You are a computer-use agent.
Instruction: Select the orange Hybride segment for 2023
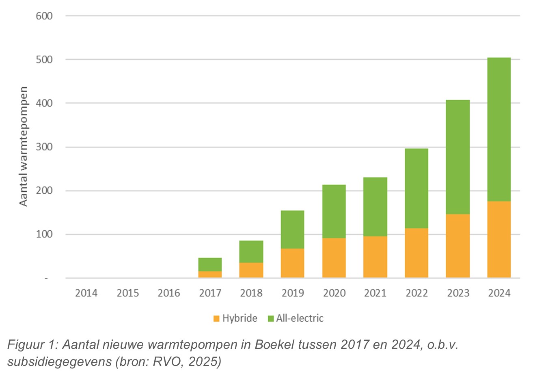(457, 245)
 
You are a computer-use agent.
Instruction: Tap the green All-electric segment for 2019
(292, 229)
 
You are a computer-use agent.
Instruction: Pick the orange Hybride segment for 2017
(210, 274)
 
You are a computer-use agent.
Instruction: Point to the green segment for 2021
(375, 206)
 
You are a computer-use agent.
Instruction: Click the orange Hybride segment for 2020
(334, 257)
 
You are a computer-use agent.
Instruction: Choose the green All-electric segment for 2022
(416, 188)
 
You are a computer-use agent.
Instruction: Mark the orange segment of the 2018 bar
(251, 270)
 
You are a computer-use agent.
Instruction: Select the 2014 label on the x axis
(86, 293)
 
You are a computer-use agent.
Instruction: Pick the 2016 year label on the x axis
(168, 293)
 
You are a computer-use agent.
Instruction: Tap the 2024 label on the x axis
(499, 293)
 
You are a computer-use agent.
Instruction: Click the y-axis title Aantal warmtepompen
(24, 146)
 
